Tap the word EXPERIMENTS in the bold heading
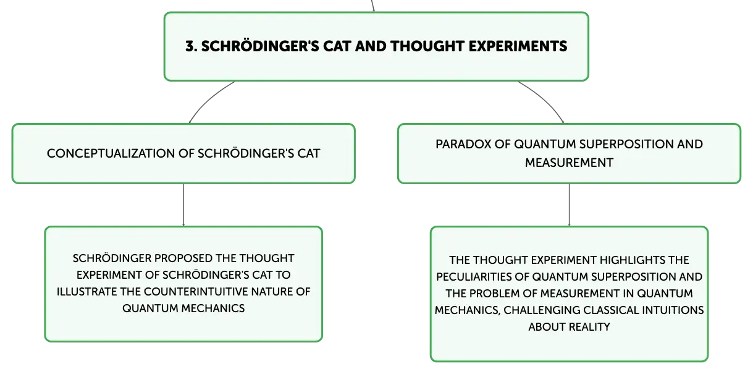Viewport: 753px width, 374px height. pos(518,46)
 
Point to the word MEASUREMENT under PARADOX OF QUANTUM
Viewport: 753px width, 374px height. pos(569,163)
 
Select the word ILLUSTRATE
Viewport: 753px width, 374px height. pos(86,292)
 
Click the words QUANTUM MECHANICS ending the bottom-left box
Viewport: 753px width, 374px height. pos(183,308)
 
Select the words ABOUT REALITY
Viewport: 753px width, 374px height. pos(569,327)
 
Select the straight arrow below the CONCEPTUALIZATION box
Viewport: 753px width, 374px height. pos(183,205)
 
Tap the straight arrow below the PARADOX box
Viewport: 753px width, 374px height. pos(569,205)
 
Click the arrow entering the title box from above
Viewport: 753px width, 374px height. pos(372,6)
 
